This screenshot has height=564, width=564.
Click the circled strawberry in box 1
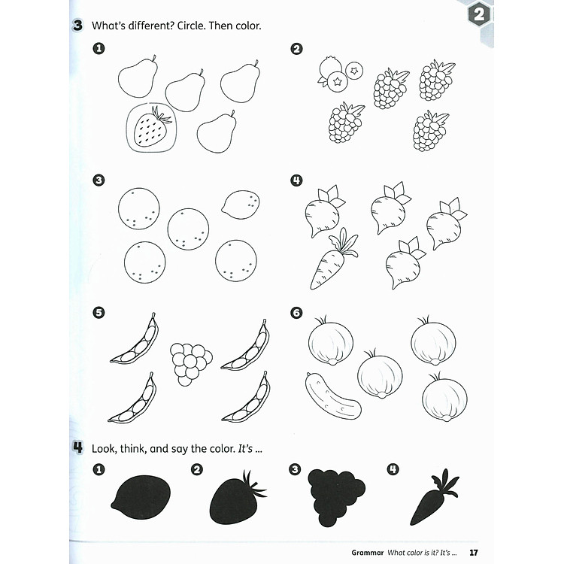(x=149, y=128)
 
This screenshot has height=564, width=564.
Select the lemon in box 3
(x=241, y=205)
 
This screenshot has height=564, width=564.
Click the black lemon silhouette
(x=141, y=498)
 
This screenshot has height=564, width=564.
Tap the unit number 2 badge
(x=481, y=15)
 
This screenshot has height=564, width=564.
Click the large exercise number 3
(x=77, y=26)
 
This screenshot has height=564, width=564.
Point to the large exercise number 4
(x=77, y=447)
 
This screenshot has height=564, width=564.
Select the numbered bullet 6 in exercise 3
(x=296, y=312)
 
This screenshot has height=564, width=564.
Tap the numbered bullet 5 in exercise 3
(x=99, y=312)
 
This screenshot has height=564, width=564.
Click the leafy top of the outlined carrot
(x=345, y=241)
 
